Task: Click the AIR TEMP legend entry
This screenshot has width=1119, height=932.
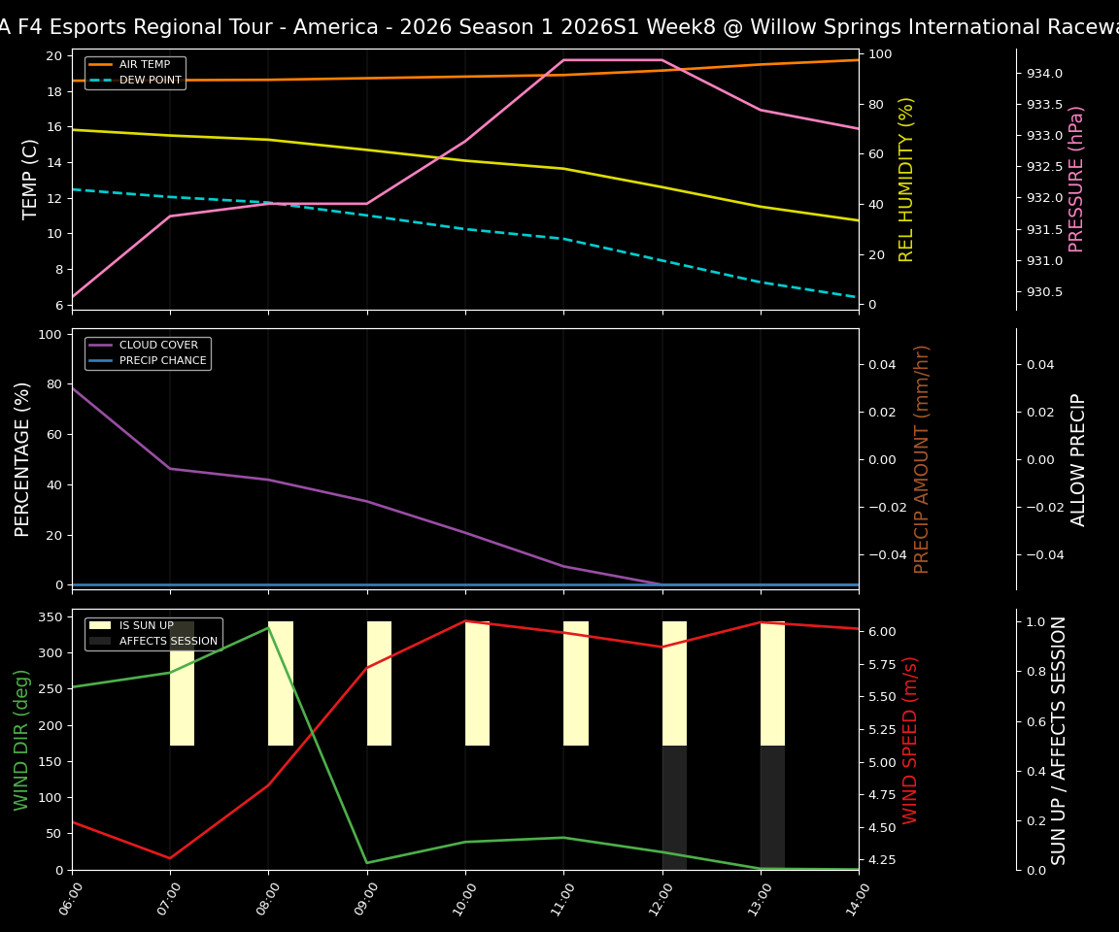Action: pos(145,65)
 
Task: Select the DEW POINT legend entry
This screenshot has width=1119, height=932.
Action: pos(150,81)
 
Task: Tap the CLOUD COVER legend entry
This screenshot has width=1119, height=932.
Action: pos(158,346)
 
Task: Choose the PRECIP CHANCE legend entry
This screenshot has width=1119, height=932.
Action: pos(162,361)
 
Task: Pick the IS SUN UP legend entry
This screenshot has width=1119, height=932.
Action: pos(147,626)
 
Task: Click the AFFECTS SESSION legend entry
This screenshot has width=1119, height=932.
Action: pos(168,642)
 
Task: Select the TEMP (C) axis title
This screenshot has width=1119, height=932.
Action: pos(30,179)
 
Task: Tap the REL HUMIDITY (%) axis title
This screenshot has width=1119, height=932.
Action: pos(907,179)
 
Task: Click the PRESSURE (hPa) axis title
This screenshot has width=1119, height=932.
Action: pos(1076,179)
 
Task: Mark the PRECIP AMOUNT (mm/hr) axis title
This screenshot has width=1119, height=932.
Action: pos(923,459)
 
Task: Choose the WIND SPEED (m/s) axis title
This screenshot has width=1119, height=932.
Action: pos(910,740)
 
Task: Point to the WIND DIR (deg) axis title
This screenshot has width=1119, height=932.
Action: pos(21,740)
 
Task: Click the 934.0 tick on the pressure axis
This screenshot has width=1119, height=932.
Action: pos(1038,73)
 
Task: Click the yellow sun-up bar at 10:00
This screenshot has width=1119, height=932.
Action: pos(477,683)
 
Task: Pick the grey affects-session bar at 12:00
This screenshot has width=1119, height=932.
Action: pos(674,808)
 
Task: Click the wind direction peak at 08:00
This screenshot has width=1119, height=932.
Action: pos(269,627)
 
